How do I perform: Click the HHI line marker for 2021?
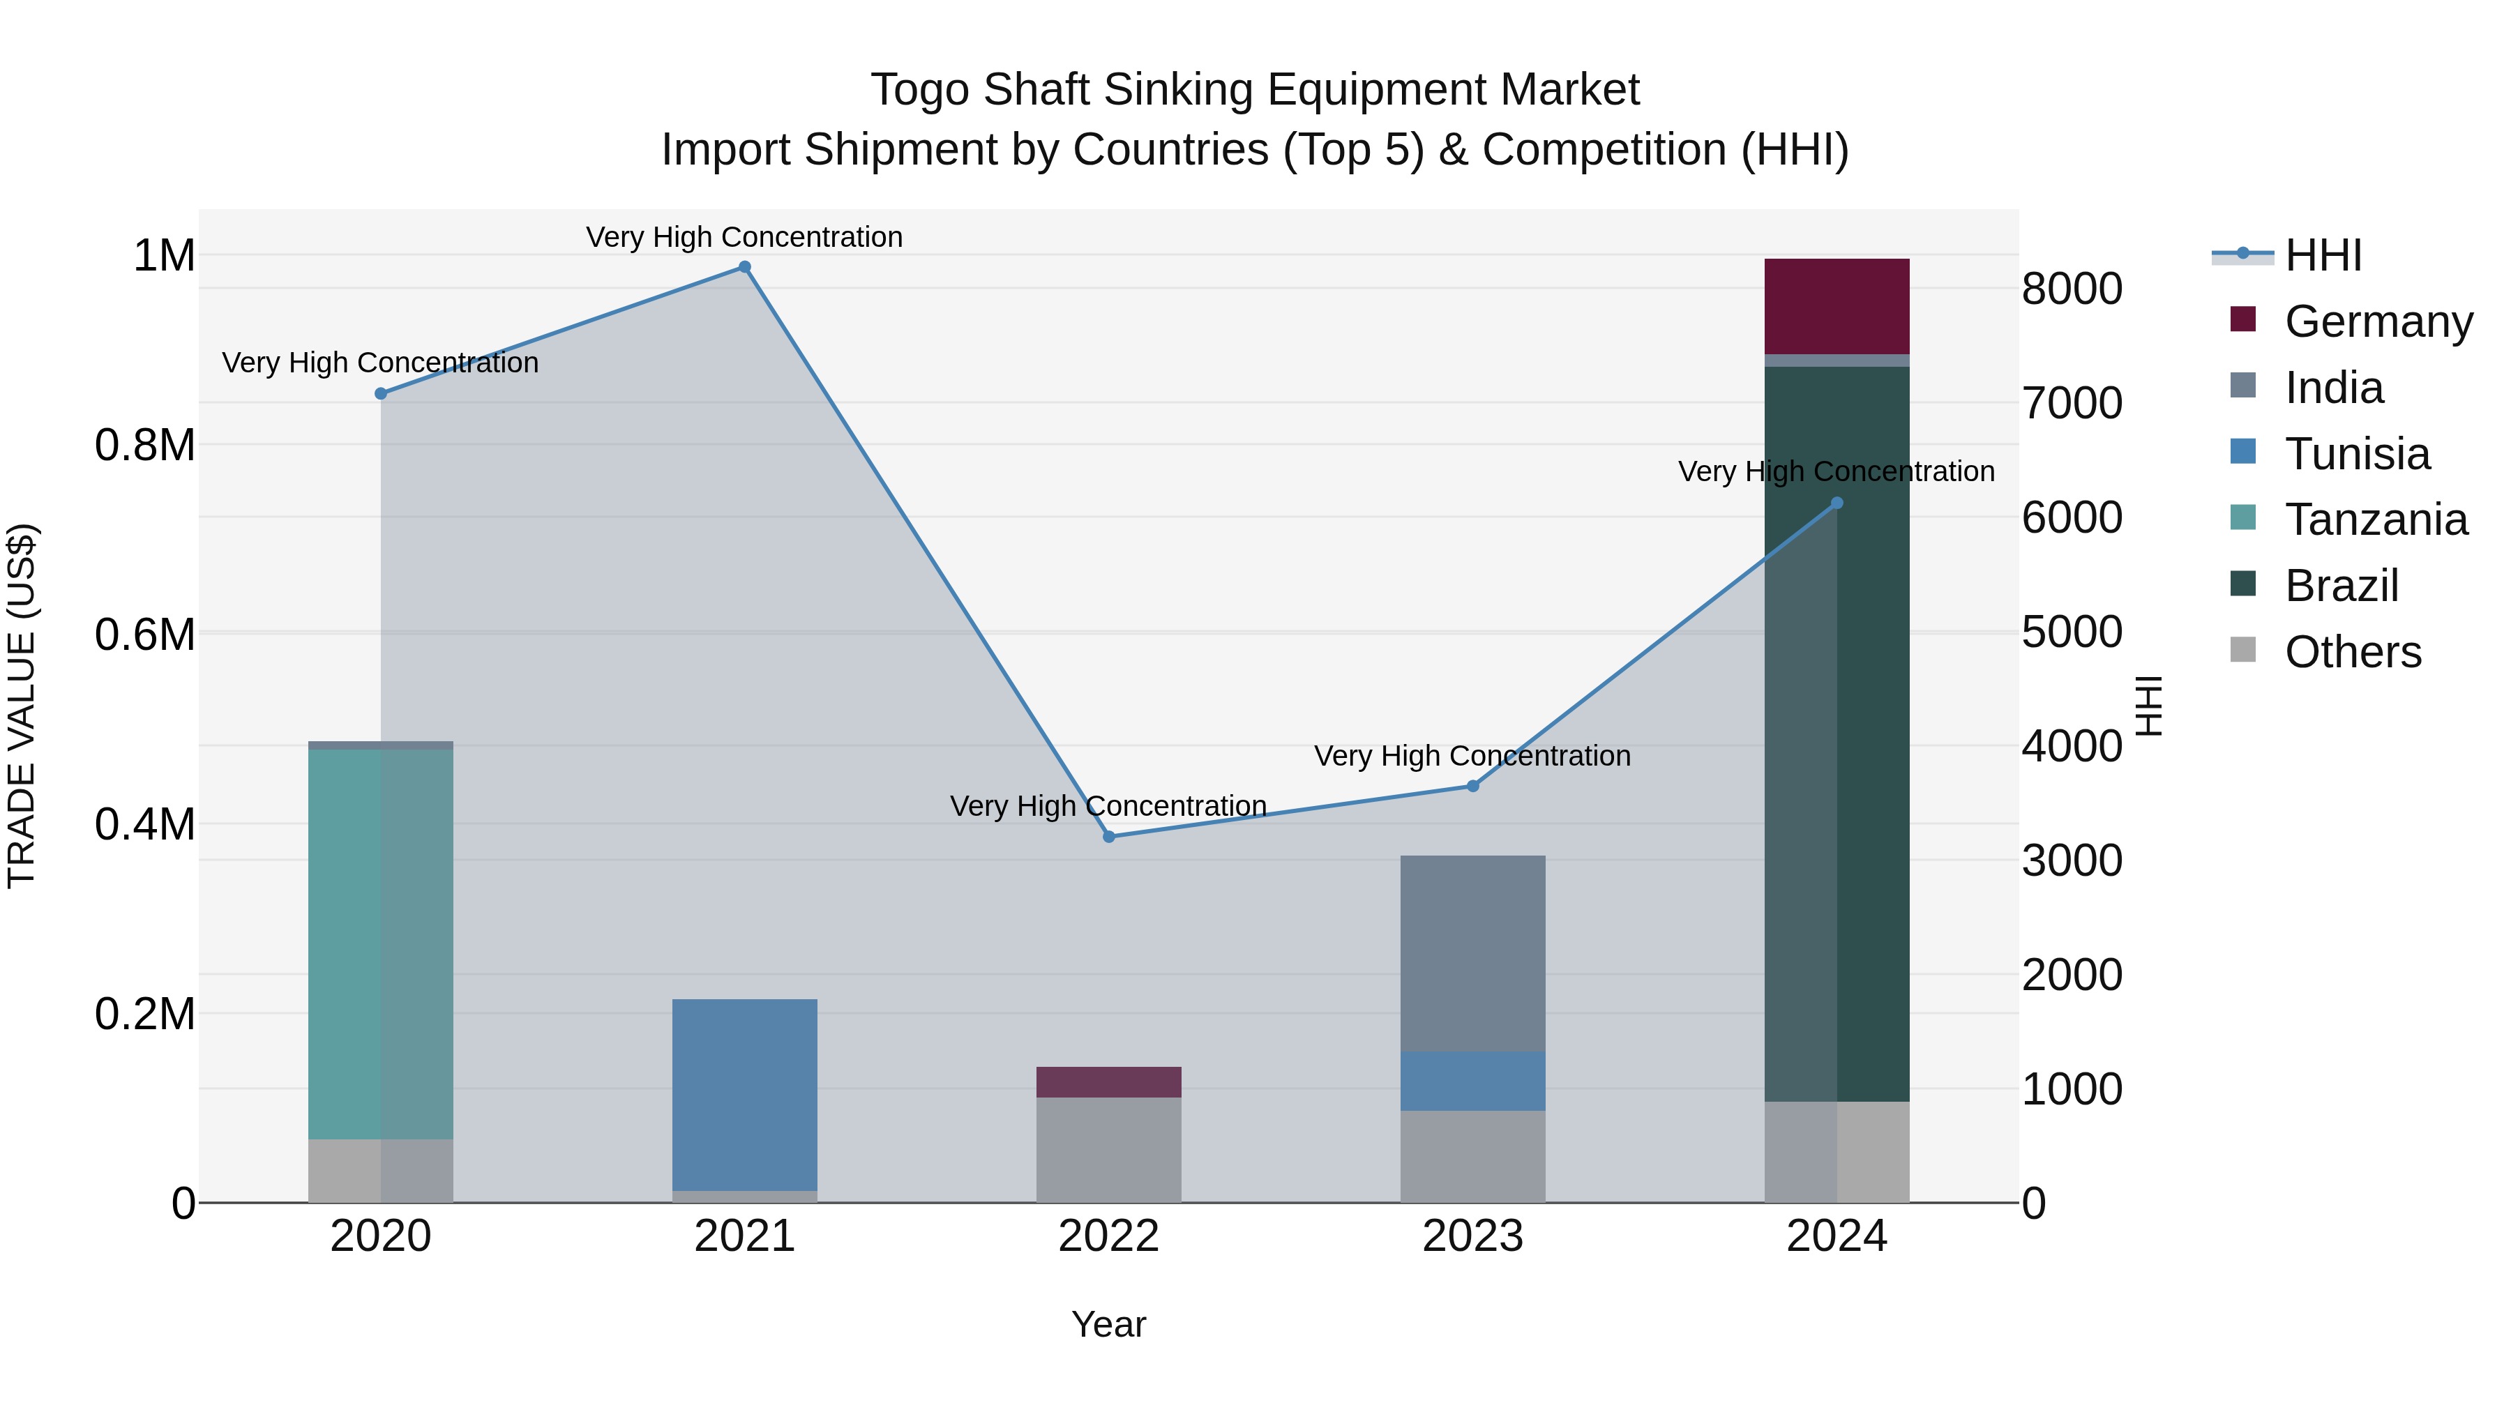click(x=745, y=267)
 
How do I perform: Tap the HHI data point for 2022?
click(x=1108, y=837)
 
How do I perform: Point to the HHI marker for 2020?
click(x=381, y=394)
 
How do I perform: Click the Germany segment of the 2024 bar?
click(x=1837, y=306)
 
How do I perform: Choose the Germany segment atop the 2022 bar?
click(x=1108, y=1081)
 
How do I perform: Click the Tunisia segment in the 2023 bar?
click(x=1473, y=1081)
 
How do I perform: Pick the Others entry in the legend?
click(x=2352, y=652)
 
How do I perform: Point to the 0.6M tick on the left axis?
click(x=145, y=635)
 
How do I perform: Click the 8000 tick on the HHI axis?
click(x=2072, y=289)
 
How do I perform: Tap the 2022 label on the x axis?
click(x=1108, y=1236)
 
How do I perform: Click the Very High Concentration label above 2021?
click(x=745, y=237)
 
